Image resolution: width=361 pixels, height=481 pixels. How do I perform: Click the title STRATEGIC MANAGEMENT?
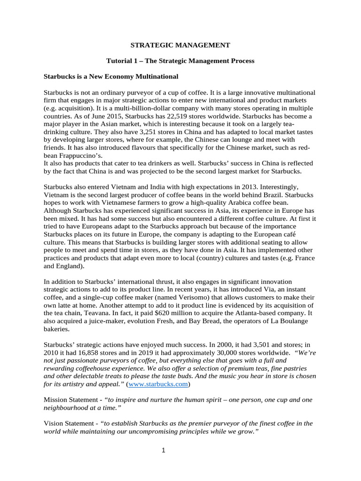pos(180,45)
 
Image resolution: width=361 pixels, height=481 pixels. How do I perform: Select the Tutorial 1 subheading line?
pos(180,61)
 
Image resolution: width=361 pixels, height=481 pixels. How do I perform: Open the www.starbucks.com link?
pos(158,384)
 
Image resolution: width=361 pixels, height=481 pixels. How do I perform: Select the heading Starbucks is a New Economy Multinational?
pos(111,76)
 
